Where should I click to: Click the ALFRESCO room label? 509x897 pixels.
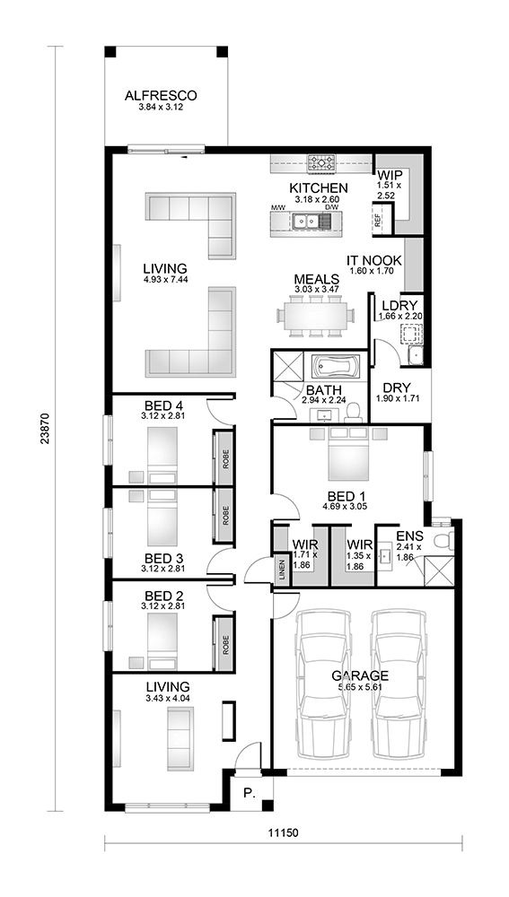(x=161, y=95)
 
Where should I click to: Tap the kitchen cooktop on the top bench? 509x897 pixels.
(x=321, y=163)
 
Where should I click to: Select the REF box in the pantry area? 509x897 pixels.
(x=378, y=218)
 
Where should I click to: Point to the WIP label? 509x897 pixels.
(x=389, y=175)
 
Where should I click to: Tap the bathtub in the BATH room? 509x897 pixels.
(x=336, y=368)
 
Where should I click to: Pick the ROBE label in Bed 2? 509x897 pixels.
(x=225, y=641)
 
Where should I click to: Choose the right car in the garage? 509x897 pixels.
(x=398, y=682)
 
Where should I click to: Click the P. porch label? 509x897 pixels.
(x=250, y=793)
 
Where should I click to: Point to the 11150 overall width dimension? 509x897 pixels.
(x=283, y=832)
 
